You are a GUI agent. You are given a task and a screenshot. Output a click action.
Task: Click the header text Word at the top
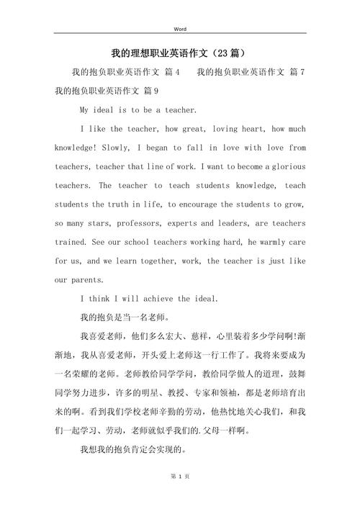point(180,29)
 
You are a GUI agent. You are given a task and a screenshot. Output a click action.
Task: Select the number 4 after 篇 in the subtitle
point(176,73)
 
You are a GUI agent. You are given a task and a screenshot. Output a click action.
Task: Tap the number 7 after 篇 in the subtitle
point(303,73)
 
